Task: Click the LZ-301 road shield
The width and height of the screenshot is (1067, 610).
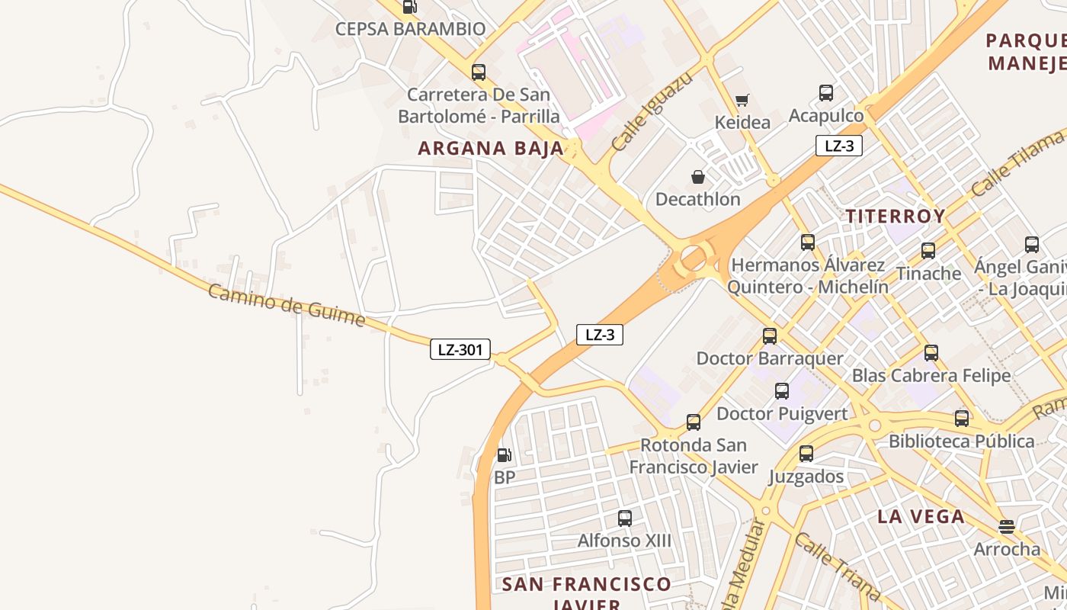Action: [x=460, y=350]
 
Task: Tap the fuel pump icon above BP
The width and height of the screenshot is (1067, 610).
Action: [x=504, y=455]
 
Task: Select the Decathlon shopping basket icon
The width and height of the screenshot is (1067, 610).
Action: [x=698, y=177]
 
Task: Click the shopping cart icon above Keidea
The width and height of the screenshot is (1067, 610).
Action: [x=742, y=100]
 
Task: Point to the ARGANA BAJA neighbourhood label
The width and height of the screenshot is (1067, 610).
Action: [x=491, y=149]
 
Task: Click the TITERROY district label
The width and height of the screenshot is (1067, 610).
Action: [x=896, y=216]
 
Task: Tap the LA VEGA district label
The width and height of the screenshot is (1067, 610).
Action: [x=921, y=516]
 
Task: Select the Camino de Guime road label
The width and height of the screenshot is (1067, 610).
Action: [x=287, y=305]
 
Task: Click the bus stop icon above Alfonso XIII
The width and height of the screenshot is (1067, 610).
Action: [x=625, y=518]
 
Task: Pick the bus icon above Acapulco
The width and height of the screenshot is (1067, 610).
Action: [x=826, y=93]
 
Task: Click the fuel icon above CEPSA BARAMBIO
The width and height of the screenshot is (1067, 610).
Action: [x=409, y=7]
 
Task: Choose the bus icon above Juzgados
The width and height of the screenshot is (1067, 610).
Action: [x=806, y=454]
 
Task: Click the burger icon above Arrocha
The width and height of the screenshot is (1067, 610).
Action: [x=1007, y=526]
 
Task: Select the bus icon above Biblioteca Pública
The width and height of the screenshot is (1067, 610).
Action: [x=962, y=418]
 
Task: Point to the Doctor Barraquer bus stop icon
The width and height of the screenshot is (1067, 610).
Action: [x=770, y=335]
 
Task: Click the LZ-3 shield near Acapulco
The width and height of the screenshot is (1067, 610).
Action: [x=838, y=146]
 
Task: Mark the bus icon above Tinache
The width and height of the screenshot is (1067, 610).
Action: [x=928, y=250]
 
